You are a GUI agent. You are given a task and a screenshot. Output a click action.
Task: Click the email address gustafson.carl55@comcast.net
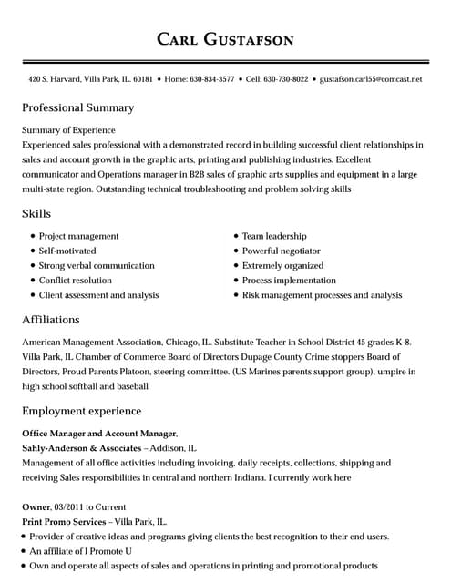coord(371,79)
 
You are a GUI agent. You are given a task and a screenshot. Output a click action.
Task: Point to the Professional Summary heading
coord(77,107)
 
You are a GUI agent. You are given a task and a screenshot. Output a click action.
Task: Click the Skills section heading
coord(36,213)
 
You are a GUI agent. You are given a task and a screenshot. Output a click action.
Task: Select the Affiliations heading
coord(51,320)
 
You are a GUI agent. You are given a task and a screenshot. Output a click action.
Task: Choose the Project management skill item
coord(78,236)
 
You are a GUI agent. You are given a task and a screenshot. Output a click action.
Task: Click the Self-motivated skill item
coord(67,251)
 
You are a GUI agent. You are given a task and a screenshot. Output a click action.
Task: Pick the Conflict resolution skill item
coord(76,281)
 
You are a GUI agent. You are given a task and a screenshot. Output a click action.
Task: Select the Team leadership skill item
coord(274,236)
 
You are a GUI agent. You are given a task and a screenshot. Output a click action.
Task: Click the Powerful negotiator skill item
coord(282,251)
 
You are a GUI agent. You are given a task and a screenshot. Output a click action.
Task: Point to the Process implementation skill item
coord(289,281)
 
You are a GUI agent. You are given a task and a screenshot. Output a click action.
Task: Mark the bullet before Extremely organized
coord(235,266)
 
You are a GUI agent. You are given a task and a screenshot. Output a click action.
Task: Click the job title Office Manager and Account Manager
coord(98,434)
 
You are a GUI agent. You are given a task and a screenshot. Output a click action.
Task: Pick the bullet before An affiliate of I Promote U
coord(23,551)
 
